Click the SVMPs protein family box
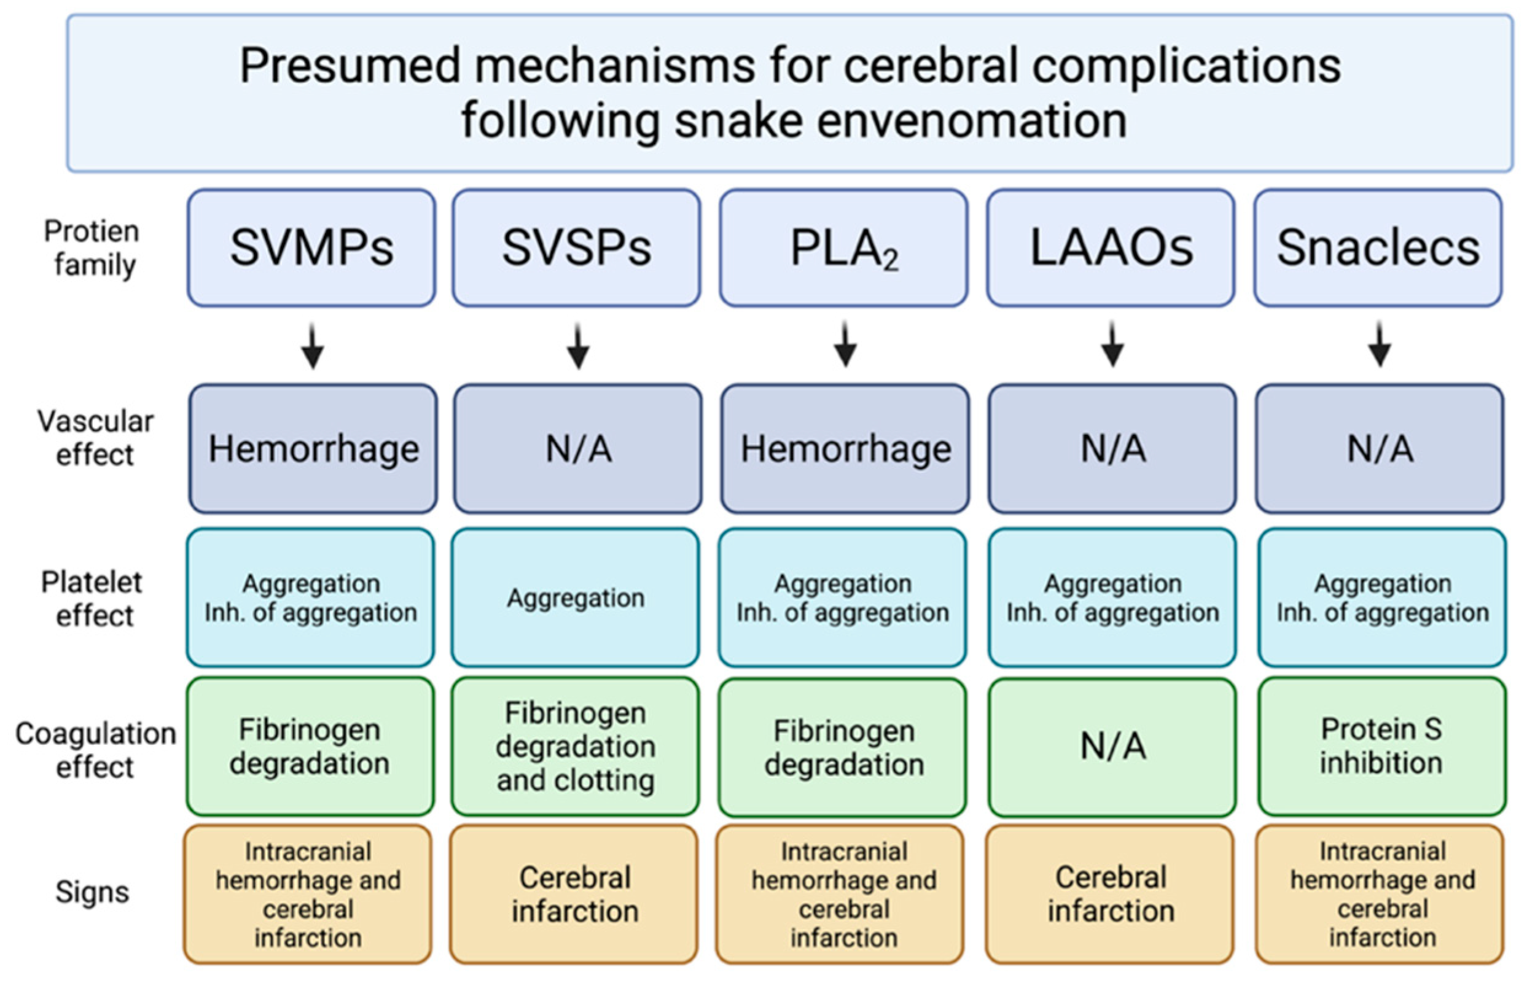click(x=311, y=247)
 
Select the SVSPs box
click(x=577, y=247)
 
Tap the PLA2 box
click(x=843, y=247)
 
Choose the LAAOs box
click(x=1111, y=247)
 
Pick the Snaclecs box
click(x=1378, y=247)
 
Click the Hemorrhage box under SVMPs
click(x=313, y=448)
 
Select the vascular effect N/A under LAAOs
click(x=1112, y=448)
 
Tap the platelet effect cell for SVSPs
click(x=575, y=597)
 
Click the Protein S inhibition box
click(x=1381, y=745)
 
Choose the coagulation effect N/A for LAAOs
click(x=1112, y=745)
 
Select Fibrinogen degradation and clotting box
click(x=575, y=745)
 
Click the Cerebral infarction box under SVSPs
click(x=574, y=893)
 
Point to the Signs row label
click(x=92, y=892)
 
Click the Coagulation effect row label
click(x=95, y=750)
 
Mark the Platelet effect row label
click(x=93, y=599)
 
